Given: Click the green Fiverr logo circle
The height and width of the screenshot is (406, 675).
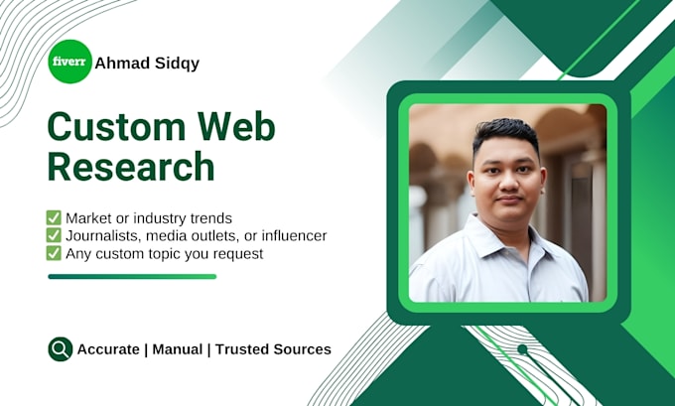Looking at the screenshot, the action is coord(69,62).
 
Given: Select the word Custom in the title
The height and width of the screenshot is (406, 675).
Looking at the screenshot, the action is coord(116,127).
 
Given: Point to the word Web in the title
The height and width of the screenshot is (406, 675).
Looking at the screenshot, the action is coord(236,126).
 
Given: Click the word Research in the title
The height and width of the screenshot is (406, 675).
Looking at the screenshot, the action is coord(131,166).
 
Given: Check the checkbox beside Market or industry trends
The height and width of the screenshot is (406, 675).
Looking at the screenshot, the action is coord(54,217).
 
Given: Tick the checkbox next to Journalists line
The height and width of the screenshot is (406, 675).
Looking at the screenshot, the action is coord(54,235).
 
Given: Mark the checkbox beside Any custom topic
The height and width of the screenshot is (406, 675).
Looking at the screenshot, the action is coord(54,253).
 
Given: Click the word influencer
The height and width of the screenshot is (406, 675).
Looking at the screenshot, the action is coord(295,236).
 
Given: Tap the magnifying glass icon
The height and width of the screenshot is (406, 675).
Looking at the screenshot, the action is coord(61,349).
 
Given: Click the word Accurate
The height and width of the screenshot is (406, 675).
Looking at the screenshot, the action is coord(108,349).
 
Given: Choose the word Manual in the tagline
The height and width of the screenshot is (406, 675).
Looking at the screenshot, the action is coord(178,349).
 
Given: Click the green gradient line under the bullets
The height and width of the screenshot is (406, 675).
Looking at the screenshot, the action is coord(132,276).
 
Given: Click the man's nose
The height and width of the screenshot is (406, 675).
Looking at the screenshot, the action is coord(509,183).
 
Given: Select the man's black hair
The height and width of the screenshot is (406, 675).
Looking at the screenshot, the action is coord(506,134).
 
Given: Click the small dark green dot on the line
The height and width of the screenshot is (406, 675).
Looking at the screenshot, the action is coord(522,349).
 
